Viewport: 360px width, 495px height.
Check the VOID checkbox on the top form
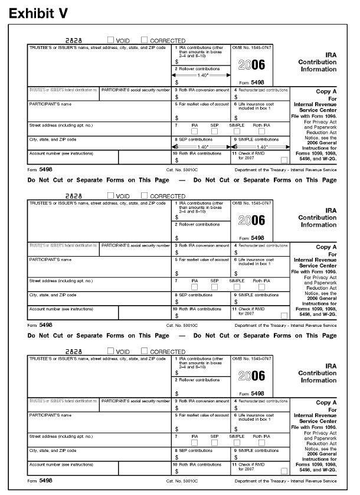(x=110, y=40)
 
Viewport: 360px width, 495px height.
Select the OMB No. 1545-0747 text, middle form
(x=253, y=202)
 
